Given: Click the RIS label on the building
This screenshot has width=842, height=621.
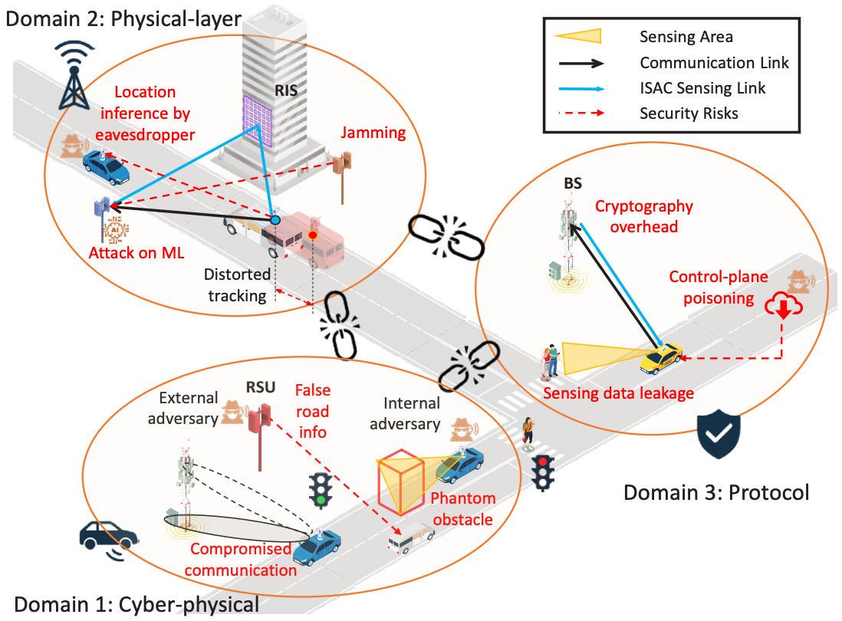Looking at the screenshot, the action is click(x=286, y=90).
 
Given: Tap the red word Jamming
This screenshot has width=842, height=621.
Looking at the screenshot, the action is click(x=373, y=133).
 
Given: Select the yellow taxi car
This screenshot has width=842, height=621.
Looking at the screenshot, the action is click(x=661, y=358).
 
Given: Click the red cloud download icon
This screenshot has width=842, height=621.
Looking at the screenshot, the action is click(x=784, y=305).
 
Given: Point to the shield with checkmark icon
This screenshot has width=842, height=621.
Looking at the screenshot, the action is click(x=719, y=434).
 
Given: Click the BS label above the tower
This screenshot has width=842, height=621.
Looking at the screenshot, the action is click(x=572, y=183).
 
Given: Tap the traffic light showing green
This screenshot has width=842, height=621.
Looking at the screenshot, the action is click(x=321, y=490).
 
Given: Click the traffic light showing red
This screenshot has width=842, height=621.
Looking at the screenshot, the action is click(x=543, y=473).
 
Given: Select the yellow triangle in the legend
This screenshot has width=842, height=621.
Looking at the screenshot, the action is click(x=577, y=37).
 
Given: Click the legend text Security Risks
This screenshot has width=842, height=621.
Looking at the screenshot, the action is click(x=689, y=113).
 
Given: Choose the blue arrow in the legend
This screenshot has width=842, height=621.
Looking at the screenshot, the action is click(x=581, y=89).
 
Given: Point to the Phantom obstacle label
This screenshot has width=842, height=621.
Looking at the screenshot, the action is click(x=462, y=509).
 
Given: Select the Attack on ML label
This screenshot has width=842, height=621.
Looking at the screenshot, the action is click(x=136, y=253).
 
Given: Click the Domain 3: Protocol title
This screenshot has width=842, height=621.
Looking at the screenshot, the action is click(x=715, y=493).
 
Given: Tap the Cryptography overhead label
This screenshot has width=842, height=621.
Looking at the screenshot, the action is click(x=644, y=216).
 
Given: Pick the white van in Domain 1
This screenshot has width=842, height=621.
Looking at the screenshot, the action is click(x=411, y=537).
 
